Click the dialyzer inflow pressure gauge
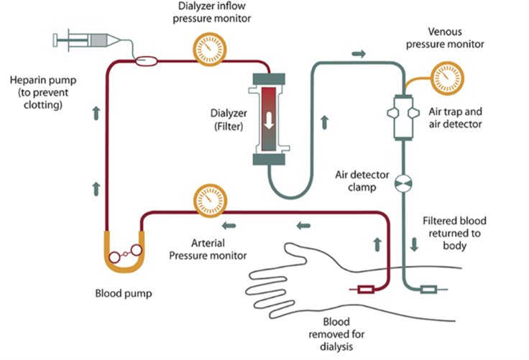tap(209, 50)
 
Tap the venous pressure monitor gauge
tap(447, 78)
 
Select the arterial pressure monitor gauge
tap(210, 200)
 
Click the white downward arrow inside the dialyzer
tap(269, 121)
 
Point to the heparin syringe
tap(87, 40)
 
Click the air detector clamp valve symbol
tap(403, 183)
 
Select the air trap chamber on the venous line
tap(403, 117)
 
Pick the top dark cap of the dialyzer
tap(269, 79)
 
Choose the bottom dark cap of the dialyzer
tap(269, 160)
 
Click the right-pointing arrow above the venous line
tap(359, 53)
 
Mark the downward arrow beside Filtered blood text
tap(414, 244)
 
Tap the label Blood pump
tap(124, 294)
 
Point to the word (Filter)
tap(229, 126)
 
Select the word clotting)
tap(43, 105)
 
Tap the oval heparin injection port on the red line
tap(146, 61)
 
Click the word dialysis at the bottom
tap(336, 346)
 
